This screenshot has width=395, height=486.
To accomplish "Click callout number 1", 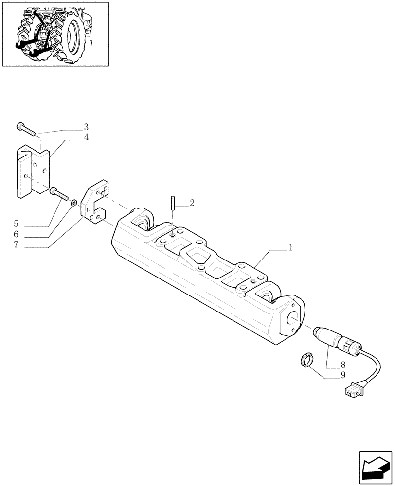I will pos(290,248).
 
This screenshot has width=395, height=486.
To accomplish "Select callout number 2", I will pos(192,203).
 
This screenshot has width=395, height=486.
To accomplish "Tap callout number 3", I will pos(86,127).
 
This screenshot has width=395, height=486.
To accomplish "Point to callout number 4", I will pos(86,137).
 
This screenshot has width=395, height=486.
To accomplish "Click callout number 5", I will pos(16,225).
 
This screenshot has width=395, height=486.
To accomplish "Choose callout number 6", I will pos(16,235).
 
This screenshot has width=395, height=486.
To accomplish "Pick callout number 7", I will pos(16,245).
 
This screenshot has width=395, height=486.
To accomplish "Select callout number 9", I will pos(343,375).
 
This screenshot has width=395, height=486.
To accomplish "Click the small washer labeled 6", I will pos(73,202).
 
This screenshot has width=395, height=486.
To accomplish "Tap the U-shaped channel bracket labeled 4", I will pos(33,173).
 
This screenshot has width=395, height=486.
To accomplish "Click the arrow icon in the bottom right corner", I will pos(375,467).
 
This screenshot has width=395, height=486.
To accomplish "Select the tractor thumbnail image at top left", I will pos(55,34).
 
